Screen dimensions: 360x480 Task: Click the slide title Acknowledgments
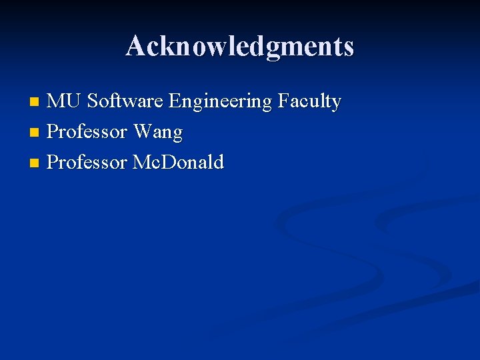239,47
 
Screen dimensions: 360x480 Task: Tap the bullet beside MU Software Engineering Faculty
35,102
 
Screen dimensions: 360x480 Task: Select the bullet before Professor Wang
35,133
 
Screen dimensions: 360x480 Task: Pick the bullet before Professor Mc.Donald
35,163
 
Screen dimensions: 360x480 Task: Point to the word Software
125,101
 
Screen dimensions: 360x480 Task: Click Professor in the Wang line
87,132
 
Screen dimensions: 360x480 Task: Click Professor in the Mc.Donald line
87,162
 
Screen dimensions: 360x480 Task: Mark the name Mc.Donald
179,162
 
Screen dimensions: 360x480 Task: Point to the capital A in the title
135,47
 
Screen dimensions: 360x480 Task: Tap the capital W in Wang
143,132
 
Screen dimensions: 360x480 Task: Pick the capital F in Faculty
283,101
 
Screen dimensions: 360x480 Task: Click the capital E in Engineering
175,101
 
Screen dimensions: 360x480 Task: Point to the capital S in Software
93,101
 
